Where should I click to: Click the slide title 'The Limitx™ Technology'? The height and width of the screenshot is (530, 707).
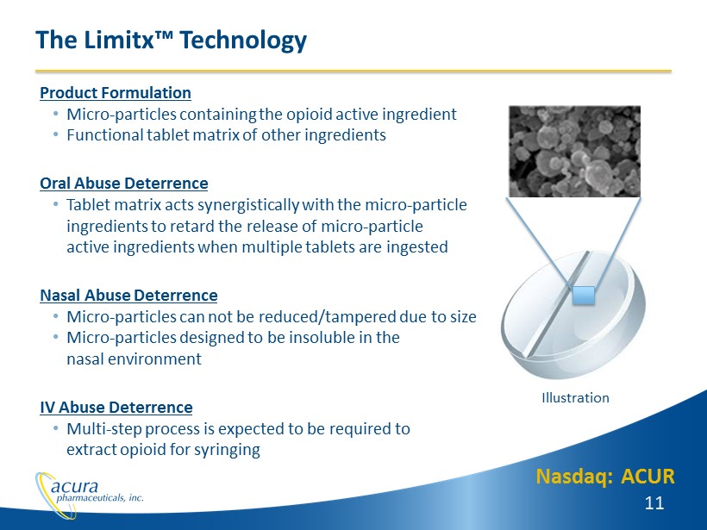coord(171,41)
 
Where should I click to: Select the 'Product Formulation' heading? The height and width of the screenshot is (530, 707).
coord(116,93)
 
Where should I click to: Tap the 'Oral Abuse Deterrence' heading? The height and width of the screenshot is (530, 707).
coord(124,184)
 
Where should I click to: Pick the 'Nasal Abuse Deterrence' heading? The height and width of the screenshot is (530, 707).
coord(129,296)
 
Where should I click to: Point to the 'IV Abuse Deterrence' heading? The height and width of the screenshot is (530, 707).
coord(116,408)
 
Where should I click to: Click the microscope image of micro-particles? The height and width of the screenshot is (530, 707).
coord(574,152)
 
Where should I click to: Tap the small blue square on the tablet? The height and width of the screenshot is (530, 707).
coord(584,296)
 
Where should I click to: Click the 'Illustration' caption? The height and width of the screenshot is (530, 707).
coord(575,398)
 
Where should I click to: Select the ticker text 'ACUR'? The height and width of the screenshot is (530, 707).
coord(648,477)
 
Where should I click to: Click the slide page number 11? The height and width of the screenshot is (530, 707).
coord(654,503)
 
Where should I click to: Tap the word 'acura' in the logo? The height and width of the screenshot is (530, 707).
coord(74,486)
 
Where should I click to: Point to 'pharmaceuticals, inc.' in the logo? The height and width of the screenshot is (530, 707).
coord(100,498)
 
